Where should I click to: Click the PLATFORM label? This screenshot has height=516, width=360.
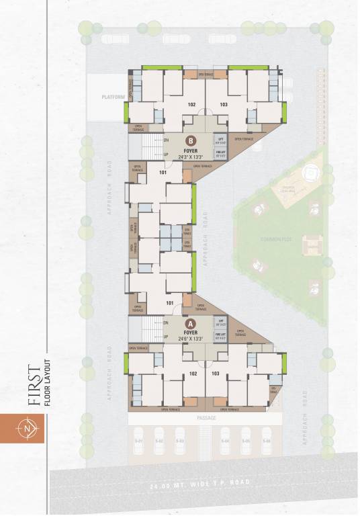(x=114, y=97)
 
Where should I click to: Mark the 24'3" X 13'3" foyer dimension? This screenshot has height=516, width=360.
(x=191, y=157)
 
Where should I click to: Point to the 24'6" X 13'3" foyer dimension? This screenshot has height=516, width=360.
(x=191, y=339)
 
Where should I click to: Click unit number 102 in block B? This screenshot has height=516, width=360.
(x=191, y=105)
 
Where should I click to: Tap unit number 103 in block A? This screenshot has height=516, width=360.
(x=216, y=373)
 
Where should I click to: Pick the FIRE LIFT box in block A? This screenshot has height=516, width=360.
(x=220, y=335)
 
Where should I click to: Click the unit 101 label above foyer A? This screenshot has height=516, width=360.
(x=170, y=303)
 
